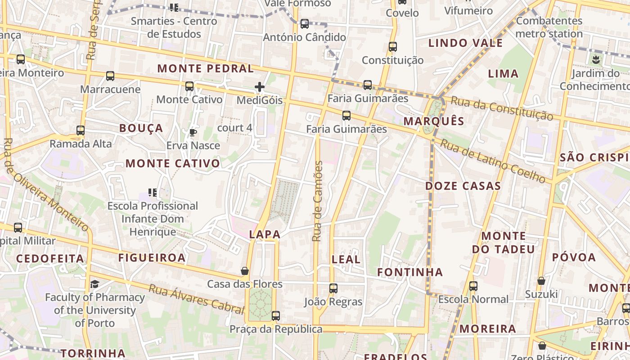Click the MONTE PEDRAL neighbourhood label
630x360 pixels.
point(206,69)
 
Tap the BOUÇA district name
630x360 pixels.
point(141,128)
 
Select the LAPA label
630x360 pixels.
point(265,234)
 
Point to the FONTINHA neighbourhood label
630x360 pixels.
point(410,272)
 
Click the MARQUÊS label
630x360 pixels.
point(434,121)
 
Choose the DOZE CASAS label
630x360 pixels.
point(463,186)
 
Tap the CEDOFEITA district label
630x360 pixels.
point(50,259)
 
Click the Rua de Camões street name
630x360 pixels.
point(318,201)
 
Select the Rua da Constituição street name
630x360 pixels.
point(502,108)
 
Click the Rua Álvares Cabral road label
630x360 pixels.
point(196,298)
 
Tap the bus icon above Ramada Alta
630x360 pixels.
point(81,130)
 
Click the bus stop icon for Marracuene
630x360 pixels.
point(110,76)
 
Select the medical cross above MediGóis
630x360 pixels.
point(260,87)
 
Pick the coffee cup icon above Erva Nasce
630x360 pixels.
point(193,132)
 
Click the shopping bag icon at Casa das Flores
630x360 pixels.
point(245,271)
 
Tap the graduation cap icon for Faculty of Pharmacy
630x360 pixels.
point(95,284)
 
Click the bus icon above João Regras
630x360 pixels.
point(333,288)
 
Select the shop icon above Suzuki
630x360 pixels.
point(541,281)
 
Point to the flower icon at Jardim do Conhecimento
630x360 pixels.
point(596,59)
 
